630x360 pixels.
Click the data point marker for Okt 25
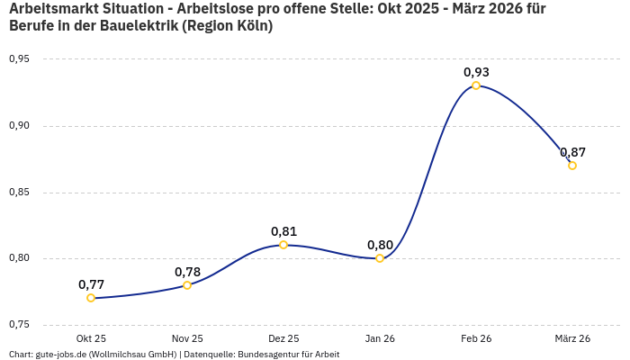[x=91, y=298]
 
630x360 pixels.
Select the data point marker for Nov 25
[x=187, y=285]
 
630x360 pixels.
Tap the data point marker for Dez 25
[x=283, y=245]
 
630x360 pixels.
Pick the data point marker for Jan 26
[x=380, y=258]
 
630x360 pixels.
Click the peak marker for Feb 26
[x=476, y=85]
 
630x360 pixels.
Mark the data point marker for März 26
[x=572, y=166]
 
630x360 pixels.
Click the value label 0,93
[x=476, y=72]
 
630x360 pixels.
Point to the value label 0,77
[x=91, y=284]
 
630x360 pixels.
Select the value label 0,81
[x=283, y=231]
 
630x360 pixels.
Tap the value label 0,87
[x=572, y=152]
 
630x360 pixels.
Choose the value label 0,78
[x=187, y=272]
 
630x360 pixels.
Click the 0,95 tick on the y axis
[x=19, y=59]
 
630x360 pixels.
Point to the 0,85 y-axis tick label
[x=19, y=193]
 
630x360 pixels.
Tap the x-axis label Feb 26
[x=476, y=338]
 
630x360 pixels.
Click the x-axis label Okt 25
[x=91, y=338]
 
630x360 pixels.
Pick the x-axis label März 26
[x=572, y=338]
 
